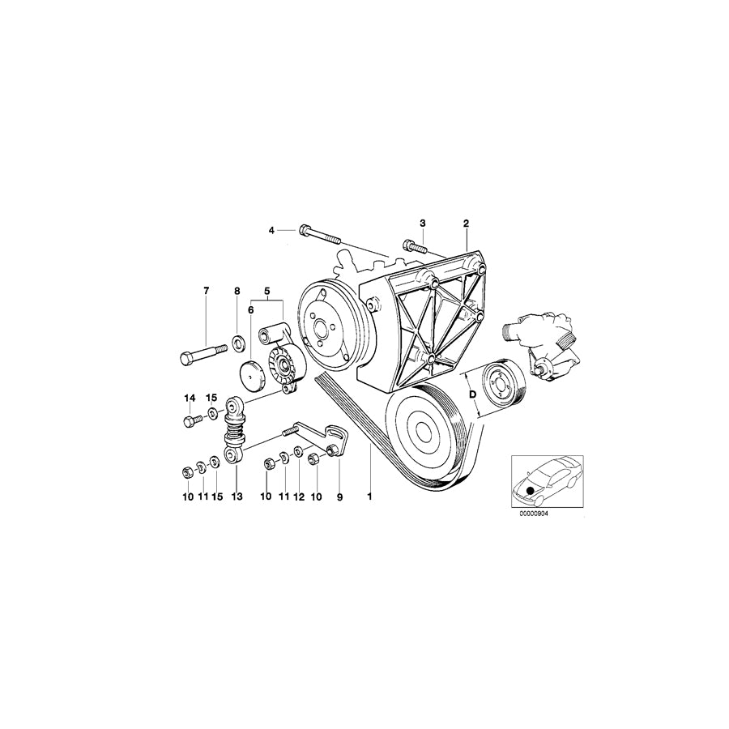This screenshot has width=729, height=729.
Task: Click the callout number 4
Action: (272, 231)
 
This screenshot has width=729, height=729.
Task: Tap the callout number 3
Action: (422, 223)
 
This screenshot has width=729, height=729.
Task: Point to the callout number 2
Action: (466, 223)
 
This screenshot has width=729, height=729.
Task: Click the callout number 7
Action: (206, 290)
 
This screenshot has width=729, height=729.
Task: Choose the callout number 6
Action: (251, 309)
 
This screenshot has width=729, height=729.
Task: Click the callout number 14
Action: (190, 398)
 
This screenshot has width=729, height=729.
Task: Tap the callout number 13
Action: (237, 497)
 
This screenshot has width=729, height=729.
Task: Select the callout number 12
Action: (298, 497)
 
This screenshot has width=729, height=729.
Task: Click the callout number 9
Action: (340, 497)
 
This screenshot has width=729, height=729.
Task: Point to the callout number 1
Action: (369, 497)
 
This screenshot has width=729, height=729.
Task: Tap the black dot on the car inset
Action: (530, 490)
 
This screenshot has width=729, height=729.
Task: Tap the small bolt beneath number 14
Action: (193, 420)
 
